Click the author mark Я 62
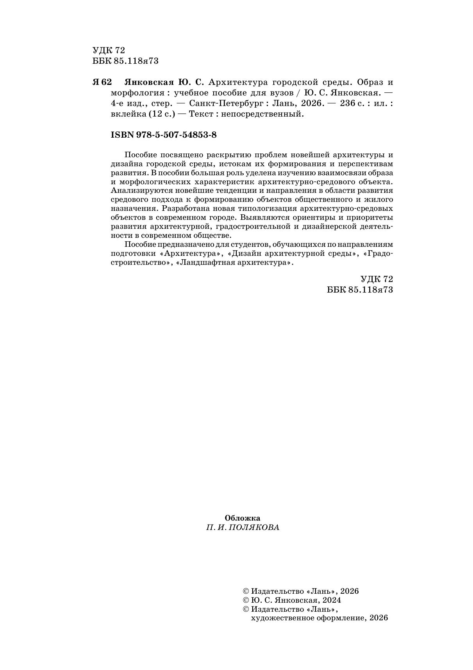[x=102, y=83]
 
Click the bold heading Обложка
[x=243, y=518]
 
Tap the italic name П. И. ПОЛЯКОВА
[x=243, y=527]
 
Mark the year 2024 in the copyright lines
[x=330, y=600]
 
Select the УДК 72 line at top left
[x=109, y=50]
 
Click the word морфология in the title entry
[x=135, y=93]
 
